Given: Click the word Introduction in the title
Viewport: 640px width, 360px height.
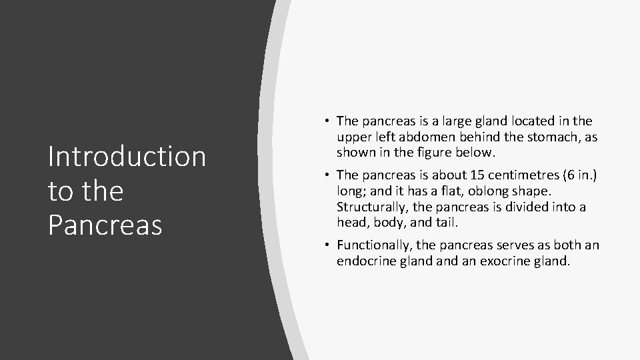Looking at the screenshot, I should pyautogui.click(x=127, y=157).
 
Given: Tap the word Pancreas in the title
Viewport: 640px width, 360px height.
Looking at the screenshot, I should pyautogui.click(x=105, y=225).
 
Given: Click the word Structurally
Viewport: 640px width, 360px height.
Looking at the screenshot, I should pyautogui.click(x=373, y=207).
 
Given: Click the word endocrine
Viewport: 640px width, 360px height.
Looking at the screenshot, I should pyautogui.click(x=366, y=261).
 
